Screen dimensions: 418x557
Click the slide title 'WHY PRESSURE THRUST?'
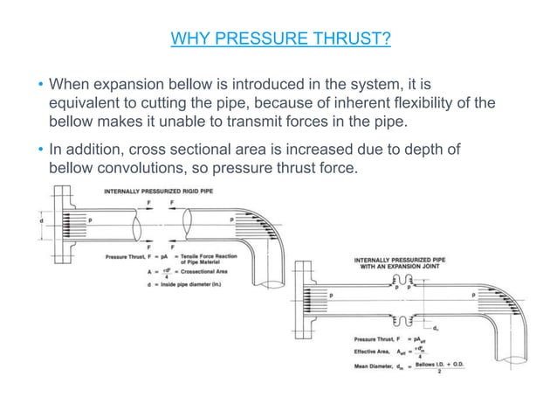(278, 38)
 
